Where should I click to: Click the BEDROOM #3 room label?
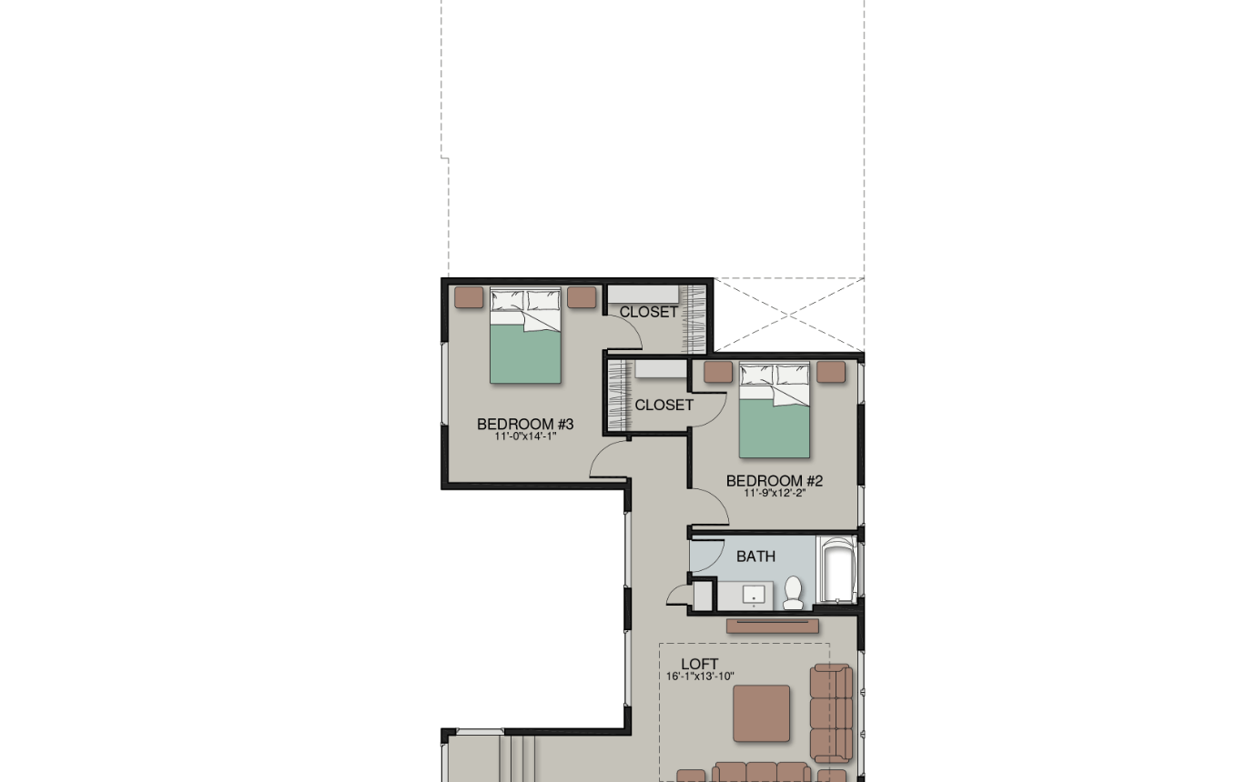pyautogui.click(x=525, y=424)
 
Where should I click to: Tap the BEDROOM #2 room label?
pyautogui.click(x=775, y=480)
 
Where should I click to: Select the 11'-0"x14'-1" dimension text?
pyautogui.click(x=525, y=436)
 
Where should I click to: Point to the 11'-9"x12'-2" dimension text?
pyautogui.click(x=775, y=493)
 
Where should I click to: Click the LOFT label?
pyautogui.click(x=700, y=664)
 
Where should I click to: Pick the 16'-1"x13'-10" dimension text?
pyautogui.click(x=700, y=677)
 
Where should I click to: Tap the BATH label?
pyautogui.click(x=756, y=556)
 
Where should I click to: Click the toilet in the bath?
pyautogui.click(x=794, y=593)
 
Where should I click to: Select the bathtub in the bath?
pyautogui.click(x=838, y=570)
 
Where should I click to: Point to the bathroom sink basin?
pyautogui.click(x=754, y=596)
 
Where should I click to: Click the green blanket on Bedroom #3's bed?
pyautogui.click(x=525, y=353)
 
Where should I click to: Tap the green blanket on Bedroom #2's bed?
pyautogui.click(x=775, y=428)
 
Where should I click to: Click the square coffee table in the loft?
pyautogui.click(x=762, y=713)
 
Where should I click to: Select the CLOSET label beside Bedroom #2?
pyautogui.click(x=664, y=405)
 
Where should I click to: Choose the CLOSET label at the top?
pyautogui.click(x=648, y=312)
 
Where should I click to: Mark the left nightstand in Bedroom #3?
pyautogui.click(x=469, y=297)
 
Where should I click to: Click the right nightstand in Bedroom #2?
pyautogui.click(x=831, y=371)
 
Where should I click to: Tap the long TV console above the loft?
pyautogui.click(x=773, y=626)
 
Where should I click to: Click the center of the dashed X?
pyautogui.click(x=789, y=315)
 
